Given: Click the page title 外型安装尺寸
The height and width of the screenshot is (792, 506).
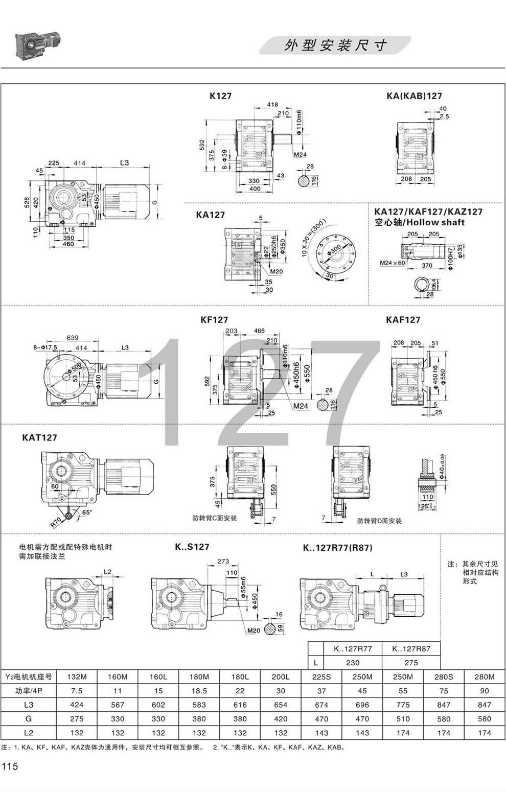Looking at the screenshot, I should coord(335,45).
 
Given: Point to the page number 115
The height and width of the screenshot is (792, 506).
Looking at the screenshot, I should coord(10,766).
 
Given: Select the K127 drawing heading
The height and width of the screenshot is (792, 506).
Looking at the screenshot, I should coord(220,96).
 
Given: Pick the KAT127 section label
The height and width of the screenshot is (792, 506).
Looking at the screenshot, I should coord(40,438).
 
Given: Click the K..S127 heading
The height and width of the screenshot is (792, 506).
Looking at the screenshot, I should coord(192,547).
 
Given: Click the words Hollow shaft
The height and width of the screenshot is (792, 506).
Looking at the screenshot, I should coord(439,222).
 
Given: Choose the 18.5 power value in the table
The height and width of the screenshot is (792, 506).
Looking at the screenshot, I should coord(199,691).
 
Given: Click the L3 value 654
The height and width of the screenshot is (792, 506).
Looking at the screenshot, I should coord(281,705).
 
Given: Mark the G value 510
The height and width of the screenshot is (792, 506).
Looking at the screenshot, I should coord(403,718).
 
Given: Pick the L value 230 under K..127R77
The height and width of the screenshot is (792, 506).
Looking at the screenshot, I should coord(353,663).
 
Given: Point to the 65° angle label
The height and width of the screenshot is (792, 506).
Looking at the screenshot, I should coord(88,511).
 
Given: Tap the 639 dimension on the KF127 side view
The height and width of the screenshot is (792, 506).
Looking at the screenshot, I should coord(72,338).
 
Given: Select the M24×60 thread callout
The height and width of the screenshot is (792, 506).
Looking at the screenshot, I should coord(392,263).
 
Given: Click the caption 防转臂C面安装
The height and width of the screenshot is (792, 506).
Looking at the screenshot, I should coord(215,518).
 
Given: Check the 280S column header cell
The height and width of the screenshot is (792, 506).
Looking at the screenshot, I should coord(444,677).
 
